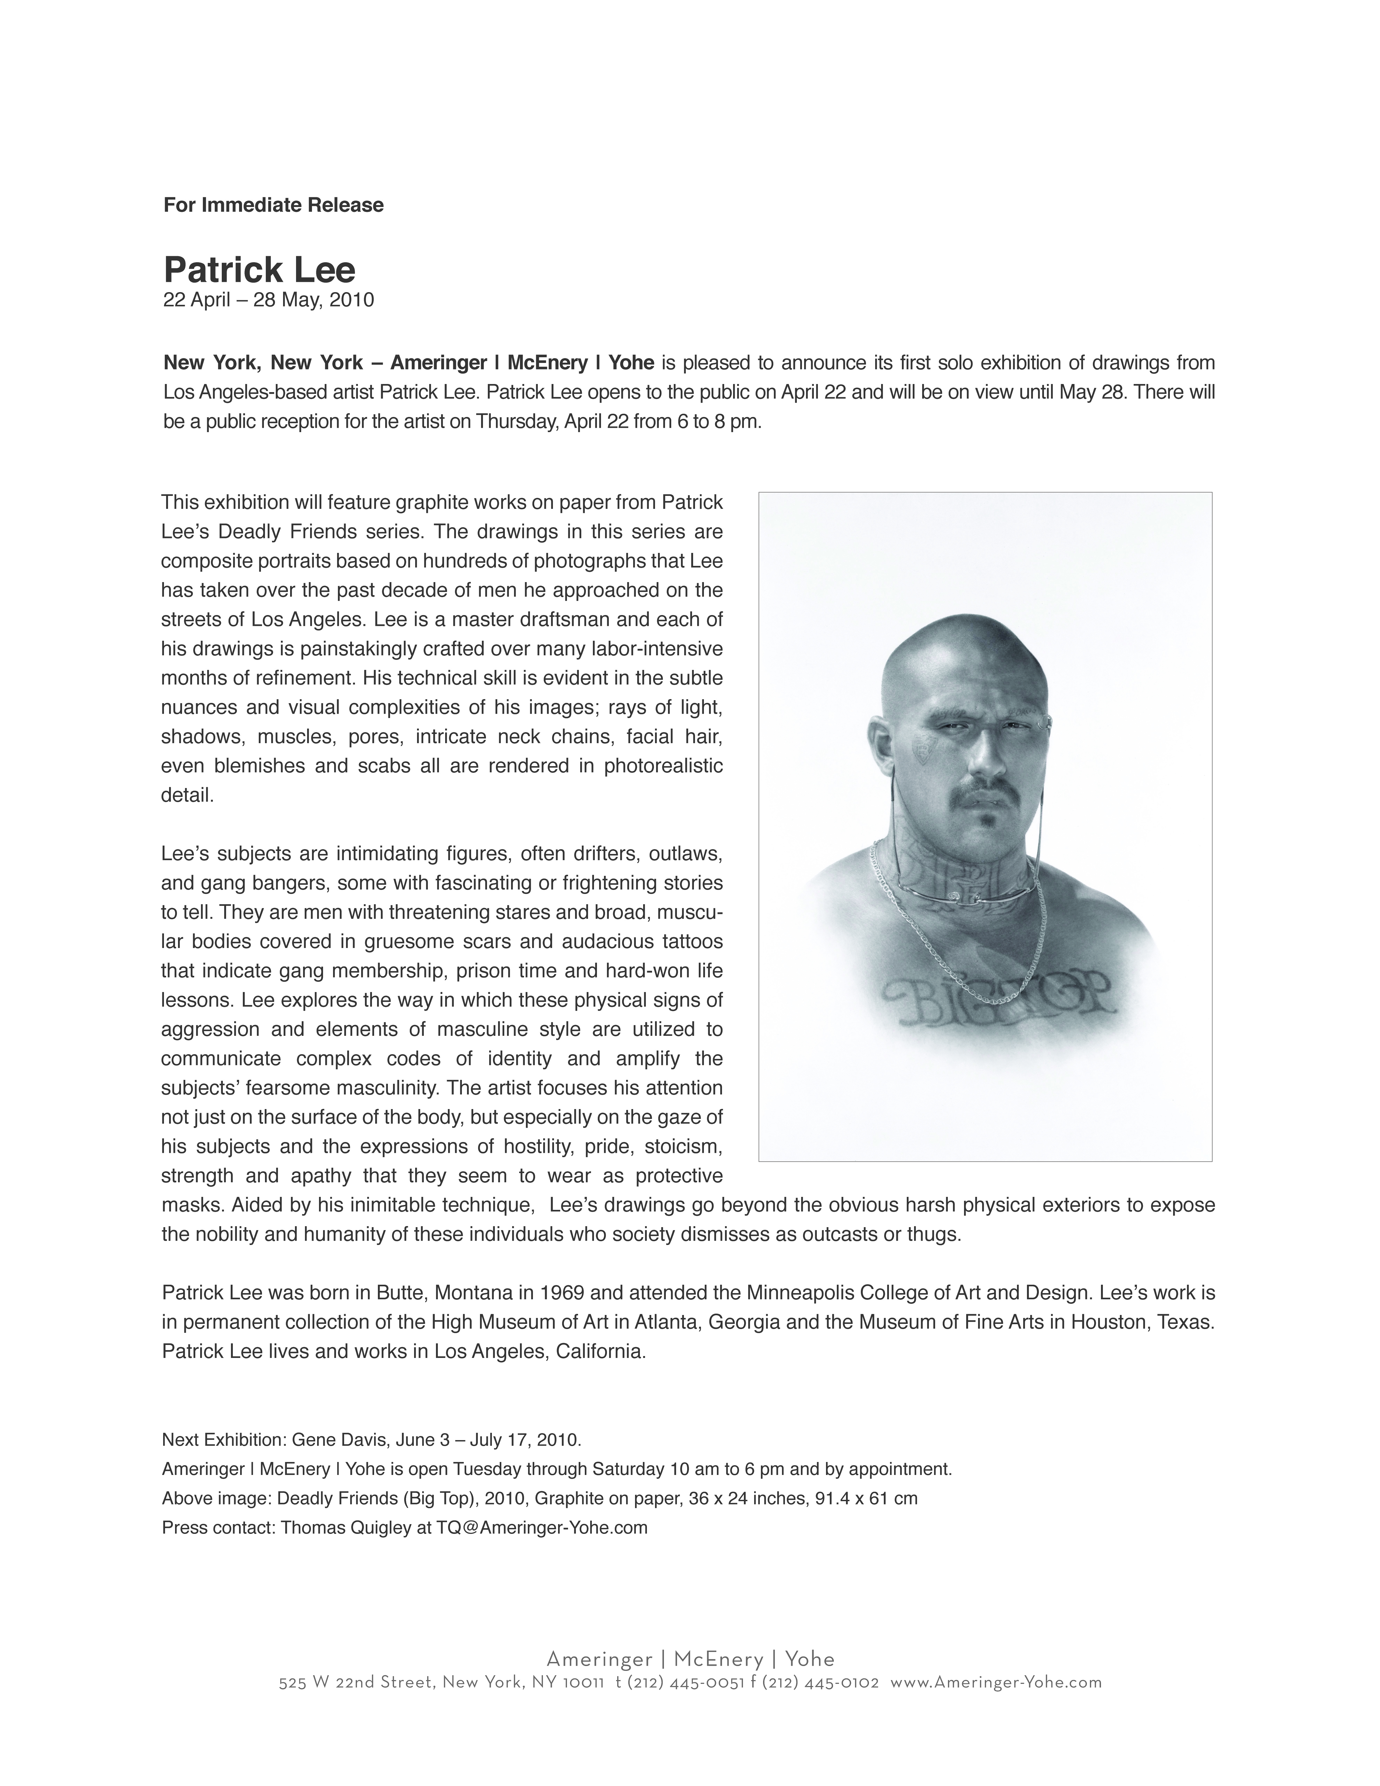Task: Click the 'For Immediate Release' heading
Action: (x=273, y=205)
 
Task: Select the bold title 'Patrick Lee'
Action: (x=259, y=269)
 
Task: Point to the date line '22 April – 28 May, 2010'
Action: (x=268, y=300)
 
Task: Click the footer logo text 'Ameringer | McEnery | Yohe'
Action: (x=690, y=1659)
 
